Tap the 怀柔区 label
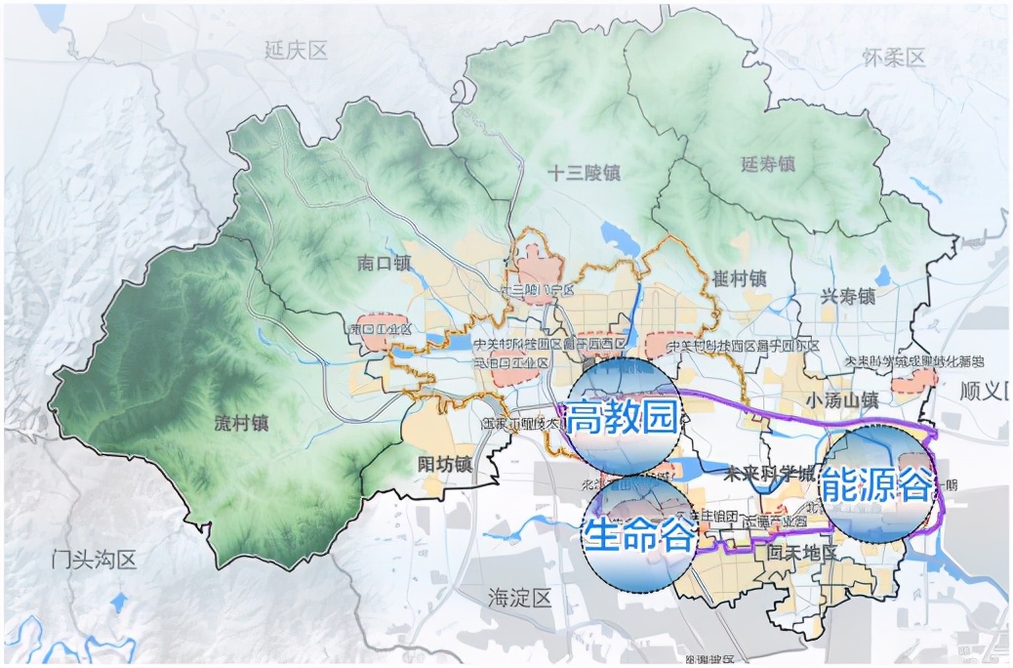(893, 58)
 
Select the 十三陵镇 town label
(585, 174)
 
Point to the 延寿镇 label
(767, 164)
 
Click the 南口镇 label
(385, 264)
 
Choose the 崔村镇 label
(740, 277)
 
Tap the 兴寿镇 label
(845, 295)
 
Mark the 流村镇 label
(240, 424)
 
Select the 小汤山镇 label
(843, 399)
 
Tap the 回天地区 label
(802, 554)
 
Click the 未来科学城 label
(770, 474)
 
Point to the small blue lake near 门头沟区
(119, 602)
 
